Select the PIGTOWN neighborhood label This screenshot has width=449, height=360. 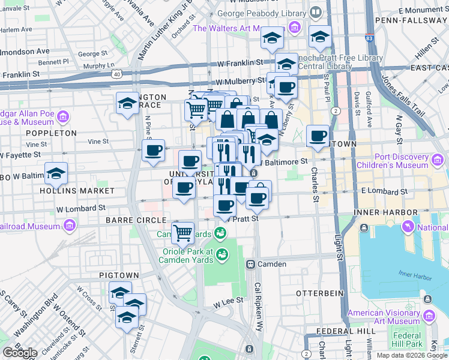[x=119, y=275]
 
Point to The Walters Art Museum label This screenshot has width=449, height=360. [x=231, y=28]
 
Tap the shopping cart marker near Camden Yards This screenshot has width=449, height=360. [x=182, y=232]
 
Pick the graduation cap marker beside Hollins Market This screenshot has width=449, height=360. [x=56, y=174]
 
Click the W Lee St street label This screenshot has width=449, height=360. [x=228, y=300]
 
